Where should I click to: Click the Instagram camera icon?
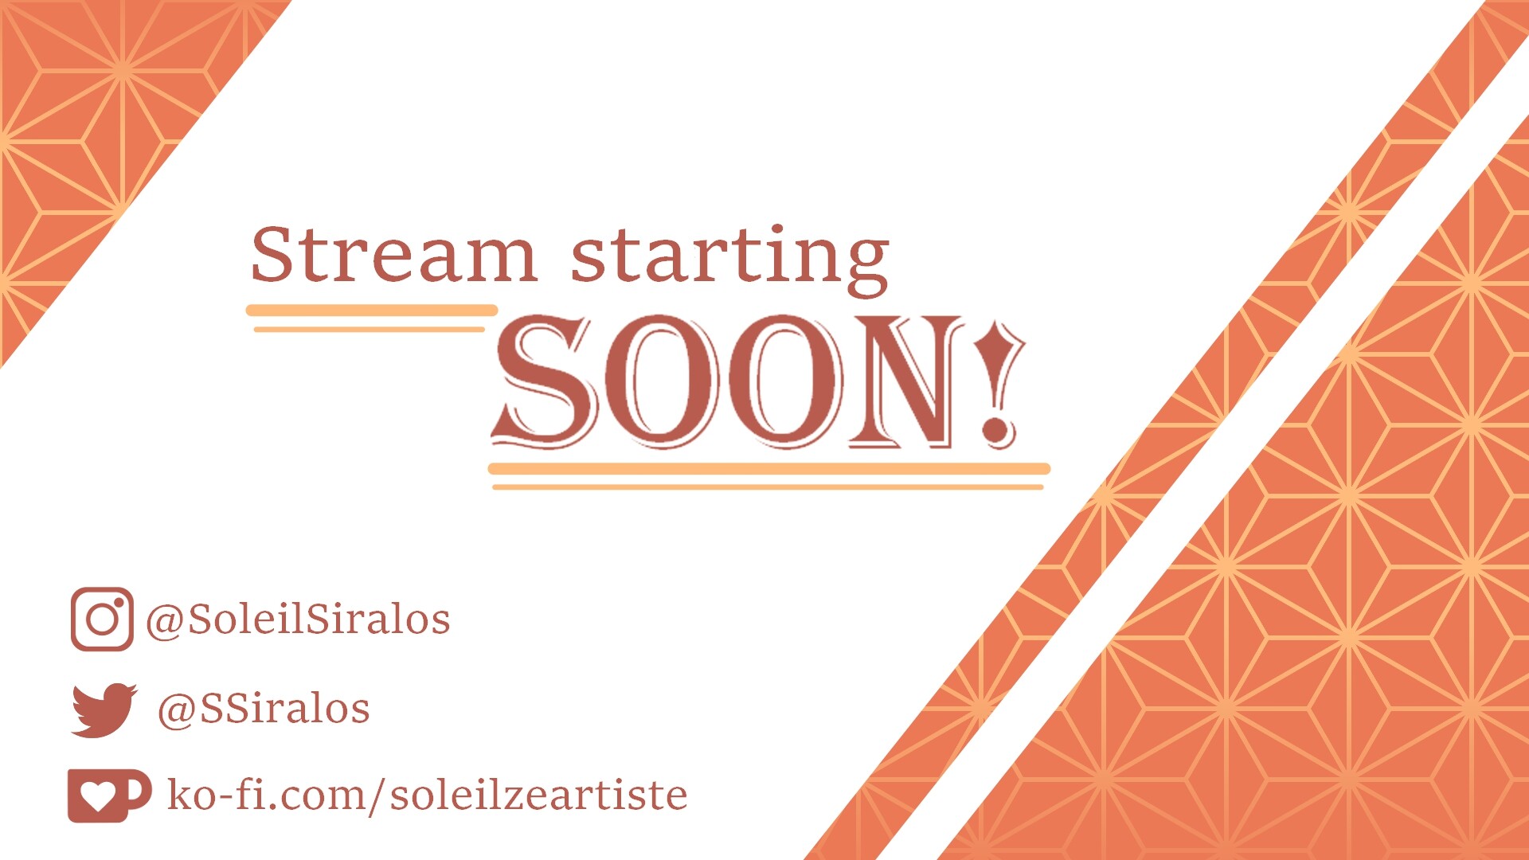[102, 619]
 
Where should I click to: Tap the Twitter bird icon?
[104, 709]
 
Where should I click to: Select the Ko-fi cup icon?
[109, 795]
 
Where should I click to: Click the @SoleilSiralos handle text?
[298, 620]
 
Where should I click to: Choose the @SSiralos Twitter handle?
[264, 709]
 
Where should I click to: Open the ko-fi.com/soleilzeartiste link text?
[427, 795]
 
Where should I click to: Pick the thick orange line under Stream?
[372, 310]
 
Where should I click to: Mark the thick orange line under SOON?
[769, 468]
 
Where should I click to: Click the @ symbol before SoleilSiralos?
[165, 621]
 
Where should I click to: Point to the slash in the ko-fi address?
[373, 795]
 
